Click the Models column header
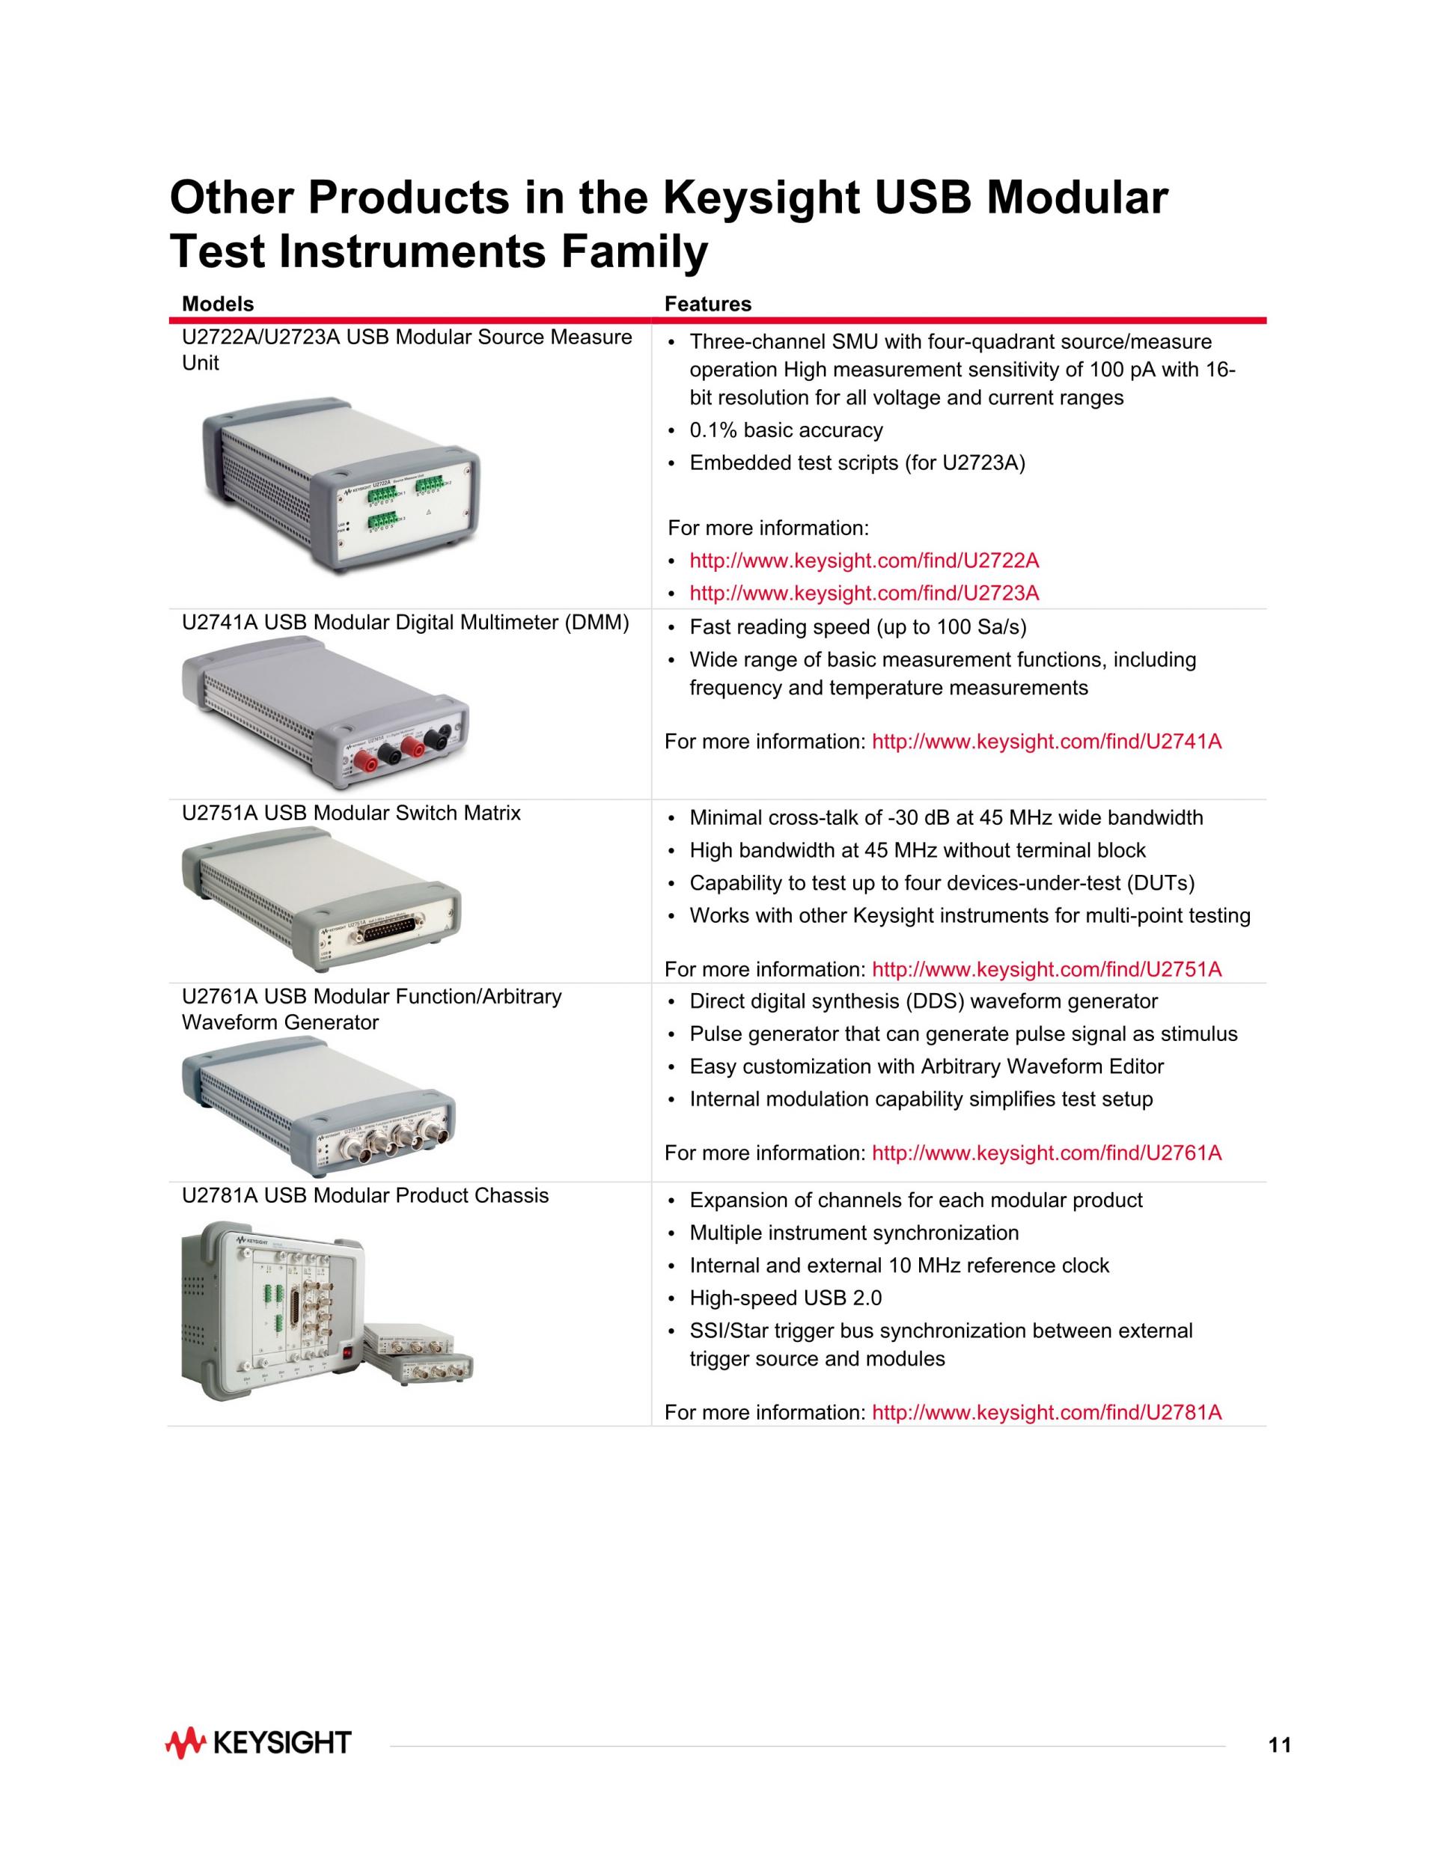(x=218, y=304)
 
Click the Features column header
(x=707, y=304)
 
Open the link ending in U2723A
(x=864, y=593)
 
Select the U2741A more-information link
(x=1047, y=742)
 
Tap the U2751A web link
(x=1047, y=969)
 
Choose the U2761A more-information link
(x=1047, y=1153)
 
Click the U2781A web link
(x=1047, y=1413)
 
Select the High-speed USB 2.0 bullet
(x=786, y=1298)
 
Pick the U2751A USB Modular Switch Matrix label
(x=351, y=813)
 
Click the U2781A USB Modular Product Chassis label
(x=365, y=1196)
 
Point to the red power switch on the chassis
(x=347, y=1350)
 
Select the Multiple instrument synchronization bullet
(x=854, y=1233)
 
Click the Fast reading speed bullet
(x=858, y=627)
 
